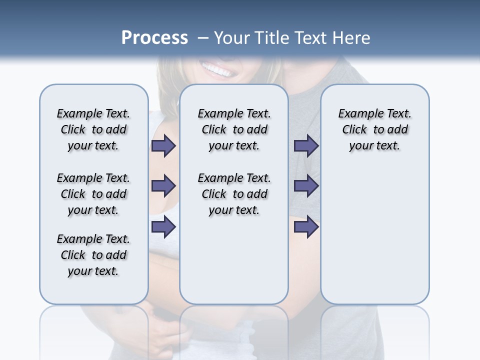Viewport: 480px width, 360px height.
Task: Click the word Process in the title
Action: coord(154,37)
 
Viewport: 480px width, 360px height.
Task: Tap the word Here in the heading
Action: coord(352,37)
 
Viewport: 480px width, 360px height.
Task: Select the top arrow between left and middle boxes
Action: coord(163,146)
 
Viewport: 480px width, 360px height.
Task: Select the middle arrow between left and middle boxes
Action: coord(163,186)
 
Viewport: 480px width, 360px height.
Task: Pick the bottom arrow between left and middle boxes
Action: coord(163,226)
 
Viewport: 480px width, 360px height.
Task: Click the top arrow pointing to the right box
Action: coord(306,146)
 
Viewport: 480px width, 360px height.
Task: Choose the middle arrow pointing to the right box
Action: coord(306,186)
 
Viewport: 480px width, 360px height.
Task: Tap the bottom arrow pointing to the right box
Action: coord(306,226)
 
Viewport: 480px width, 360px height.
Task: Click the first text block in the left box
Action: coord(93,129)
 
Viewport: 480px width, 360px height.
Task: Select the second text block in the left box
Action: coord(93,194)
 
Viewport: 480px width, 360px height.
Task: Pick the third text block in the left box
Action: coord(93,255)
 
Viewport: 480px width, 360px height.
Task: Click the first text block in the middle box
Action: coord(234,129)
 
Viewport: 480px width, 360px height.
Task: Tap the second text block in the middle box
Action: coord(234,194)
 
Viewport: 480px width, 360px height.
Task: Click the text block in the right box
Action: coord(374,129)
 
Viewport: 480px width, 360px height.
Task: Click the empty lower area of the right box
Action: coord(374,240)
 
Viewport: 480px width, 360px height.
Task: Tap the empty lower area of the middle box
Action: coord(234,265)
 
